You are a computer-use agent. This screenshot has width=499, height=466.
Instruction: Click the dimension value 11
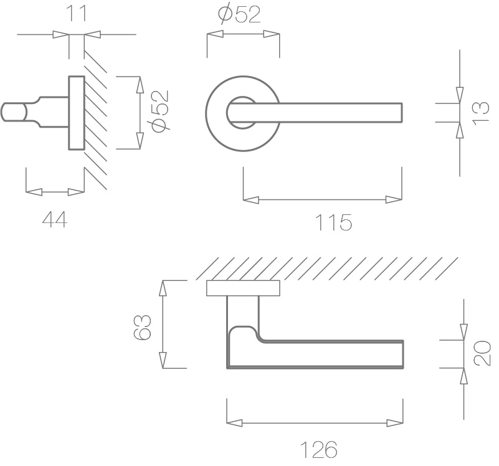click(x=77, y=13)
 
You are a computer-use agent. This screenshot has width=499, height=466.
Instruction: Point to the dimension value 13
click(x=482, y=113)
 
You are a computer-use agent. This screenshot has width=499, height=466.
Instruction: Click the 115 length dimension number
click(x=333, y=222)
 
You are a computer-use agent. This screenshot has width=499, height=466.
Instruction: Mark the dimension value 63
click(x=143, y=326)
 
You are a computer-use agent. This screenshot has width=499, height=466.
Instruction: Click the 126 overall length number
click(x=318, y=450)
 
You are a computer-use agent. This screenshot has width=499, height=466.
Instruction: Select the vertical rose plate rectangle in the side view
click(x=76, y=113)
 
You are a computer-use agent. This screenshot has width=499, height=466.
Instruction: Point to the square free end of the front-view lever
click(x=397, y=113)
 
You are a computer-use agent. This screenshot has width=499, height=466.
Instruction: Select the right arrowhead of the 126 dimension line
click(x=394, y=424)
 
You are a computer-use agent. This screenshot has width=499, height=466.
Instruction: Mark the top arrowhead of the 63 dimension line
click(x=164, y=288)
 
